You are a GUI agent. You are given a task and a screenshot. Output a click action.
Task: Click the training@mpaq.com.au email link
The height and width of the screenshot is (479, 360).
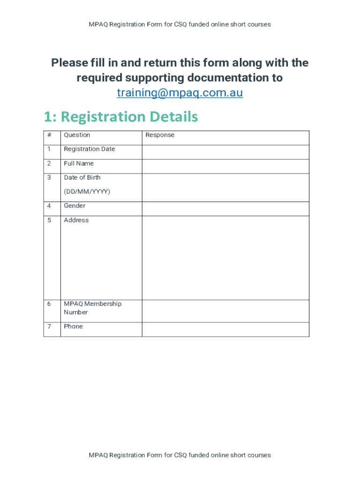180,93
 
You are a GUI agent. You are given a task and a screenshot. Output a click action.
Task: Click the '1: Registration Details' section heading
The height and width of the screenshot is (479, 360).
121,116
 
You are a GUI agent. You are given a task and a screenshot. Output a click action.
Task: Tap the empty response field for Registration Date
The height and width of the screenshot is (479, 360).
225,152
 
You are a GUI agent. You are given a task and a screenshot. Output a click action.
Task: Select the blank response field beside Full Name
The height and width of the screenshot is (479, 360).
225,166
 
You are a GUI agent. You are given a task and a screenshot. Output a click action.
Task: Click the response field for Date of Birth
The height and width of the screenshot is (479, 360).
225,187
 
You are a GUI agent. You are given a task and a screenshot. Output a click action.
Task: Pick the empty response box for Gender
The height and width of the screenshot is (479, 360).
225,209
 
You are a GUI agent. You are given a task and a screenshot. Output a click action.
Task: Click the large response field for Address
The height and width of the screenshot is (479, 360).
225,257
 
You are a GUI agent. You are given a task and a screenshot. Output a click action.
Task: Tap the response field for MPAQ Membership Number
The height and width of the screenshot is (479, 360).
225,311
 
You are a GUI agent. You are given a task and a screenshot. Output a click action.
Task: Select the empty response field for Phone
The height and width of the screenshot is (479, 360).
225,329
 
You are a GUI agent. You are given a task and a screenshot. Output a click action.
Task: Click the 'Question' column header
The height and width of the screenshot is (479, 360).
77,135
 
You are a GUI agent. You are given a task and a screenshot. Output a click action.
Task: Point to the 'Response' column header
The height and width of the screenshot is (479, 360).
159,135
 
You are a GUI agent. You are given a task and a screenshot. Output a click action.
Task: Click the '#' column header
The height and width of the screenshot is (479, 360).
49,135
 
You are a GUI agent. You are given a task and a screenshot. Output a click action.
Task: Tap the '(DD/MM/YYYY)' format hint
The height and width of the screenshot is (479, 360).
87,192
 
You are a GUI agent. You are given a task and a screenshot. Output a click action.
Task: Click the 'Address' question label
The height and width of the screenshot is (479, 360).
76,220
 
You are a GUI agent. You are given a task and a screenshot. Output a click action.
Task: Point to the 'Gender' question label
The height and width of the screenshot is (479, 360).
74,206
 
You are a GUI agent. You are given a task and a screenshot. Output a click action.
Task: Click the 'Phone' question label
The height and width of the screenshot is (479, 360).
73,327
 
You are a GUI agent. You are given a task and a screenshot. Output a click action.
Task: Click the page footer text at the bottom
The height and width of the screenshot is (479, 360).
180,455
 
